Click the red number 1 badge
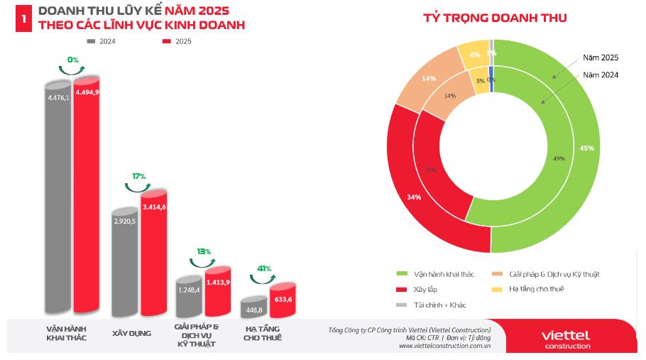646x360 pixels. (24, 20)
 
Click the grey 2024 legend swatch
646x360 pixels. (90, 41)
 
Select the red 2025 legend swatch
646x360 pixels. (167, 41)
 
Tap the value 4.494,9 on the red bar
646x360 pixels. (87, 92)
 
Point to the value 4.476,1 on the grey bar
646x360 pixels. (59, 98)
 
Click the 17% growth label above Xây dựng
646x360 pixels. (138, 176)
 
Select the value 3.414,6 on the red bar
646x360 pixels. (154, 207)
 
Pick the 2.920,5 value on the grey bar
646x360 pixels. (125, 222)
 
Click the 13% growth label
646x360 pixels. (204, 251)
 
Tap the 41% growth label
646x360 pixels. (265, 268)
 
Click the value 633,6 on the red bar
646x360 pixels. (283, 299)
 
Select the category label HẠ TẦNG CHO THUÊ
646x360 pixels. (262, 333)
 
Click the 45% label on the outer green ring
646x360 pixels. (586, 148)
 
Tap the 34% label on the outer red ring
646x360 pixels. (415, 197)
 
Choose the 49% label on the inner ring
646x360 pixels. (559, 158)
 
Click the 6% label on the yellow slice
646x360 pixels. (475, 55)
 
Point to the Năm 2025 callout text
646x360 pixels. (601, 57)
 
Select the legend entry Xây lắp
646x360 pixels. (425, 289)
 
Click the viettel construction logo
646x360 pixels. (565, 339)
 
